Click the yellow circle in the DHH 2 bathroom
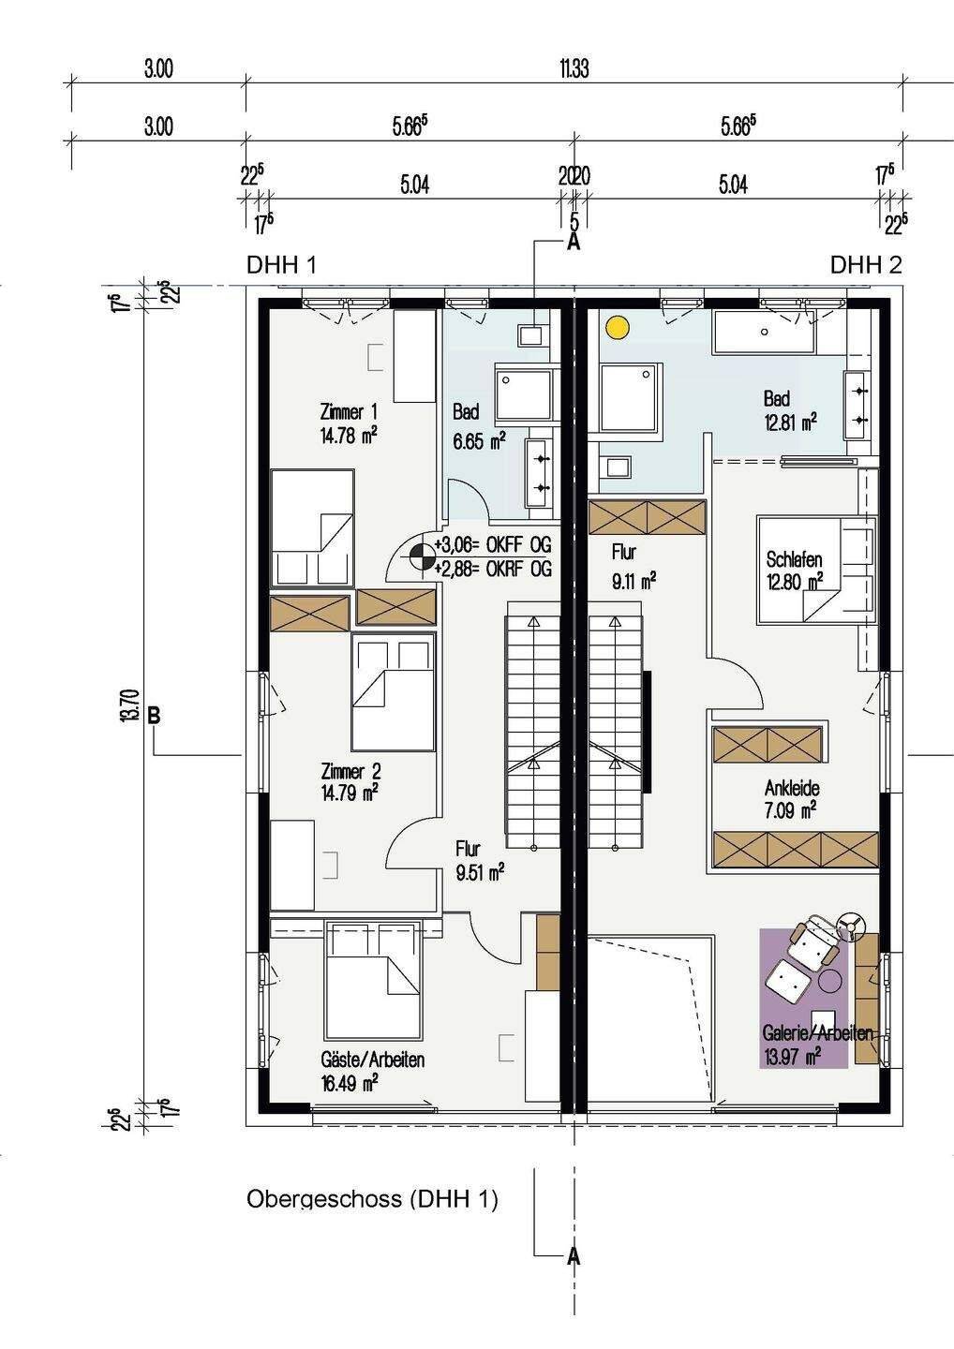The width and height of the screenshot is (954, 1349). point(618,328)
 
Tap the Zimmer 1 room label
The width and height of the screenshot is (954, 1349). point(349,412)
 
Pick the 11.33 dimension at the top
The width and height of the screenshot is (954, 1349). point(574,69)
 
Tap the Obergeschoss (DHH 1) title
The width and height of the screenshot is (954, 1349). point(372,1197)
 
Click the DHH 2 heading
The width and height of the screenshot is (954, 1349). point(866,265)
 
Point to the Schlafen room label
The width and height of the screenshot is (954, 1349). point(794,559)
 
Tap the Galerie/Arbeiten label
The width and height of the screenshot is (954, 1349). point(817,1032)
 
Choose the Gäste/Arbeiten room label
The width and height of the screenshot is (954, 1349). point(373,1060)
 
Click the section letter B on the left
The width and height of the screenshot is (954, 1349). point(155,715)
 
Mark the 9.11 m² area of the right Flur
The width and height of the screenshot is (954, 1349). point(634,581)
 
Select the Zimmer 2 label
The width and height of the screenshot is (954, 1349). point(351,771)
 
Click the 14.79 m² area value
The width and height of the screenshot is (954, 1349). point(350,793)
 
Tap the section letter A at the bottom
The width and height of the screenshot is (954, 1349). point(574,1256)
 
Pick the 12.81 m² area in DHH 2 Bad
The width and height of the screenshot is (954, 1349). point(790,421)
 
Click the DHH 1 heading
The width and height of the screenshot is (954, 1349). point(281,265)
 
